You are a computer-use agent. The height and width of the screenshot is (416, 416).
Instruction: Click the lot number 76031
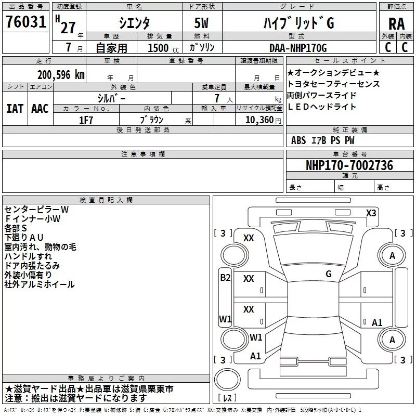point(25,22)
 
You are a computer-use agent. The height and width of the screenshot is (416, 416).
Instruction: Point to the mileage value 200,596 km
point(61,75)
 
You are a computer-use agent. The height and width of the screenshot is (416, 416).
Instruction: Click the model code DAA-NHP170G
point(297,48)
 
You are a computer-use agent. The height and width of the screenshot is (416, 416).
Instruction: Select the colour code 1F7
point(86,119)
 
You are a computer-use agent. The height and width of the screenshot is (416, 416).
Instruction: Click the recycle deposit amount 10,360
point(257,120)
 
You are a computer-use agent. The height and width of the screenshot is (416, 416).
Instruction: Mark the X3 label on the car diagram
point(371,213)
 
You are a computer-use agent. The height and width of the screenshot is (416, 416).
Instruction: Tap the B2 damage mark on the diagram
point(225,277)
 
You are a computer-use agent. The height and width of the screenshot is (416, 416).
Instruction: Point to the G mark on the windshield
point(329,274)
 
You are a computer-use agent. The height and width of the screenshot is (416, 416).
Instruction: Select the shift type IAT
point(15,108)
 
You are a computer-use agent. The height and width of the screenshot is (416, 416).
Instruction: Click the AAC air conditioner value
point(40,108)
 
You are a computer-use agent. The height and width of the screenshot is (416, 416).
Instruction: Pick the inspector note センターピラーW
point(36,209)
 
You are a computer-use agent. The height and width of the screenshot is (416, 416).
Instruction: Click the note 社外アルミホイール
point(40,284)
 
